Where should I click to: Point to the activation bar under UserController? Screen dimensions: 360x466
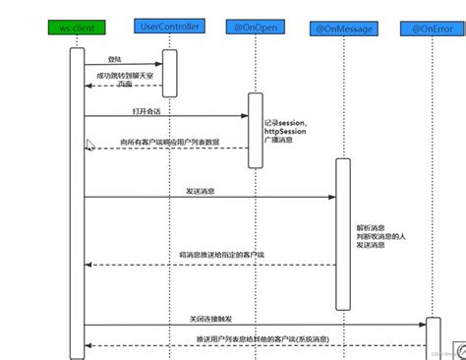(169, 74)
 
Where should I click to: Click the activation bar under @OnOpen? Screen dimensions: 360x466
(256, 127)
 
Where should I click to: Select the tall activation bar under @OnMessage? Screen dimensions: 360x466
(342, 230)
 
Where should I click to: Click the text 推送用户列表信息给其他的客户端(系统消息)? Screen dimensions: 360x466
(261, 337)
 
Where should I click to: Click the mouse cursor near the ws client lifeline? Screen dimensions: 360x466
(90, 146)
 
